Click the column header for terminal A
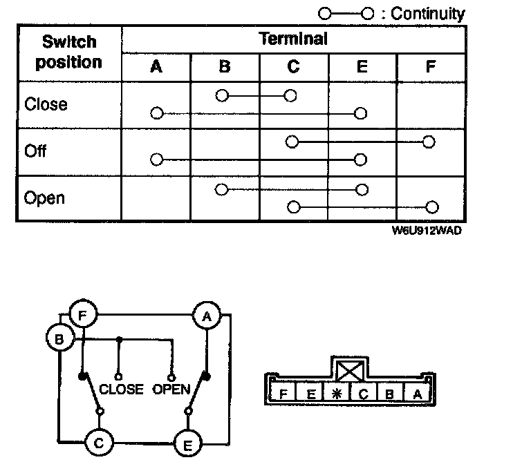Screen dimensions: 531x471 click(x=156, y=67)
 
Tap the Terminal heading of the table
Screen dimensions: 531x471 click(x=293, y=39)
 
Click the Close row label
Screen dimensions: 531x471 click(x=46, y=104)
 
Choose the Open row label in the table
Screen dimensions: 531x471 click(x=44, y=198)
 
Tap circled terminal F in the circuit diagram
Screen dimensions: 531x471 click(x=83, y=316)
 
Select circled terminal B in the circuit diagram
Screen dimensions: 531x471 click(x=59, y=338)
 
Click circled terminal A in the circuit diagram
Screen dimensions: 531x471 click(x=205, y=316)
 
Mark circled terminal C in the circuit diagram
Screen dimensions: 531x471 click(x=99, y=443)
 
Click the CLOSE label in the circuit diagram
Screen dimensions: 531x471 click(x=121, y=390)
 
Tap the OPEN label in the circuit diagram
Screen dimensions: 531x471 click(x=171, y=390)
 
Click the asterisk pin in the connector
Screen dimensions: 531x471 click(x=337, y=394)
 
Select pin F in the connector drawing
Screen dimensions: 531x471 click(x=283, y=394)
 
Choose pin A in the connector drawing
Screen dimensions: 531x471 click(x=416, y=394)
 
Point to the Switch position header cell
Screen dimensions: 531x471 click(x=68, y=52)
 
